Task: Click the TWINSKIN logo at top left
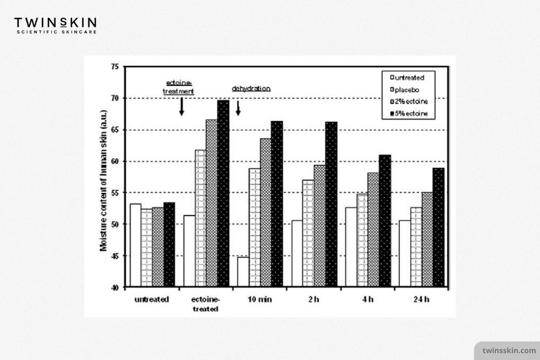point(55,25)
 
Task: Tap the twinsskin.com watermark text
point(509,350)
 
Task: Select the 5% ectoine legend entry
point(409,113)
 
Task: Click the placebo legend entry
point(404,89)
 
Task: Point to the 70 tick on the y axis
point(115,98)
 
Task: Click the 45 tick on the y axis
point(115,256)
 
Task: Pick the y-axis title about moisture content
point(103,181)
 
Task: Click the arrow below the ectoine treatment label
point(182,106)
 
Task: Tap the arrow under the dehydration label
point(238,108)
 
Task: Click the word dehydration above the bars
point(251,88)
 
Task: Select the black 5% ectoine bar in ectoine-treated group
point(223,193)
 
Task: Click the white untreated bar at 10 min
point(243,272)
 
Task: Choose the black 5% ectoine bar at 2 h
point(331,204)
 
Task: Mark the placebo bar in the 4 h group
point(362,240)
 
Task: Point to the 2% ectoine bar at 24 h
point(427,239)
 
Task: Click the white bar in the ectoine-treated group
point(190,251)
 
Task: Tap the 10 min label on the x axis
point(259,299)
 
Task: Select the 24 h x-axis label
point(421,299)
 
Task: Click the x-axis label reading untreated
point(151,299)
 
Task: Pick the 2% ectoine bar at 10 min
point(266,212)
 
